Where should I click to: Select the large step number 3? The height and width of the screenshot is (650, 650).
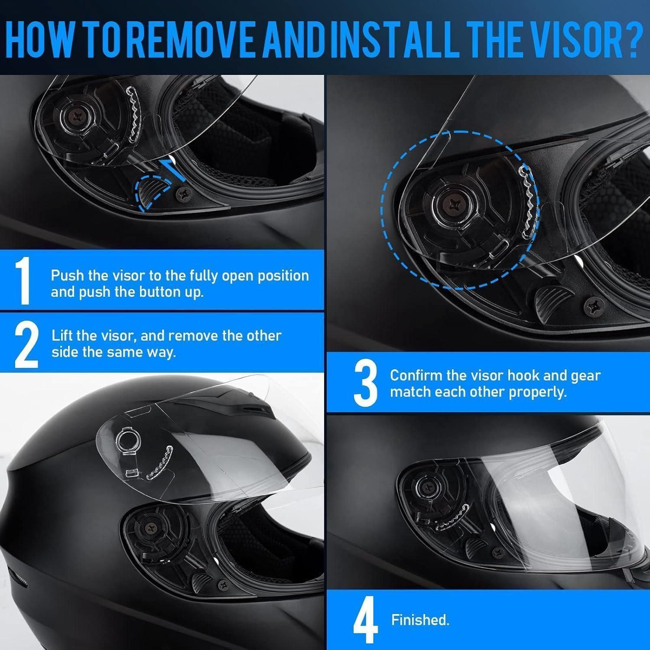(366, 383)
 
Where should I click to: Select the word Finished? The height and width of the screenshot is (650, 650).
(420, 620)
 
